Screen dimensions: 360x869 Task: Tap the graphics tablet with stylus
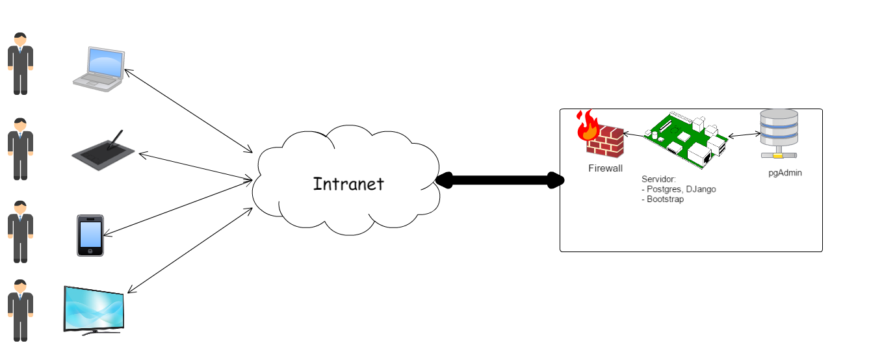[103, 151]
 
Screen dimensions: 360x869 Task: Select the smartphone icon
[90, 235]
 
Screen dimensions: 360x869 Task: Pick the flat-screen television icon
[94, 309]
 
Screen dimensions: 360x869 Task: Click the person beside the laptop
[20, 64]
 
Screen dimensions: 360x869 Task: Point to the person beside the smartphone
[20, 231]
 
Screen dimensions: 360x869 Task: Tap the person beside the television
[20, 311]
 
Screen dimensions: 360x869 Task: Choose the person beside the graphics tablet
[20, 148]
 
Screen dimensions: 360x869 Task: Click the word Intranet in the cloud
[348, 184]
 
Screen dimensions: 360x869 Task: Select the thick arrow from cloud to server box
[499, 180]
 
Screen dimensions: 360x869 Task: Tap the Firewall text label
[605, 168]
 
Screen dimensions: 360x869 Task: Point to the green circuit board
[685, 140]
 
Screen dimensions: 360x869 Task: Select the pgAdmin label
[785, 174]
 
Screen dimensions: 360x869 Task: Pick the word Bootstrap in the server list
[666, 199]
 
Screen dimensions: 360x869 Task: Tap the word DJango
[699, 189]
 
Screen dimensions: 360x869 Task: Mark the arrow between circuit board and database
[744, 135]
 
